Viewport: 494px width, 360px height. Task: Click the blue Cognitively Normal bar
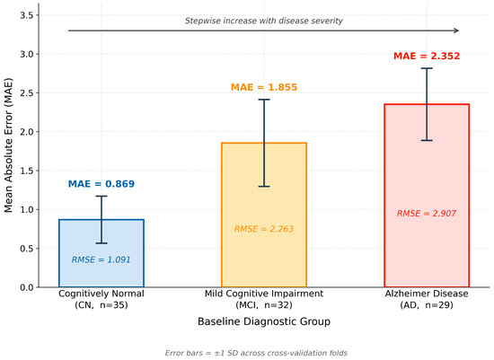click(x=101, y=253)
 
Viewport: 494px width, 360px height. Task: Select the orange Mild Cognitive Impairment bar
click(x=264, y=215)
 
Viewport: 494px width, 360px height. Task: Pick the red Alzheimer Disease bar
click(x=427, y=196)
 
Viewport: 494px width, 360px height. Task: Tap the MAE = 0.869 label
click(x=101, y=184)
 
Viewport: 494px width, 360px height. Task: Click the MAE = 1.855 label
click(x=264, y=87)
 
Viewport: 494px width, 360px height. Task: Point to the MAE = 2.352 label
click(x=427, y=56)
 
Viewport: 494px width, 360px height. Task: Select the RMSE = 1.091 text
click(x=101, y=259)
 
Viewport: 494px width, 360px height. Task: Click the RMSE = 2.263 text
click(x=264, y=229)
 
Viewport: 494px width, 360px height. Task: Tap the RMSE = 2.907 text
click(x=427, y=214)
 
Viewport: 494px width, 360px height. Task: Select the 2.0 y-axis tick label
click(x=27, y=132)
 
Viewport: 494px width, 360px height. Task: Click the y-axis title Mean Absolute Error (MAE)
click(x=8, y=145)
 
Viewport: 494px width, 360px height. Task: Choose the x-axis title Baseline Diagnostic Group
click(x=264, y=321)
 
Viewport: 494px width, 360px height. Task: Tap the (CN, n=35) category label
click(x=101, y=305)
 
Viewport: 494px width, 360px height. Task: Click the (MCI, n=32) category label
click(x=264, y=305)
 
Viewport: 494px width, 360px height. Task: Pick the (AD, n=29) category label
click(x=427, y=305)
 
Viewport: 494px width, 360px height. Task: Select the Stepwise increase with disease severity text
click(x=264, y=21)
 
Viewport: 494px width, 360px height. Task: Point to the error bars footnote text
click(x=256, y=353)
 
